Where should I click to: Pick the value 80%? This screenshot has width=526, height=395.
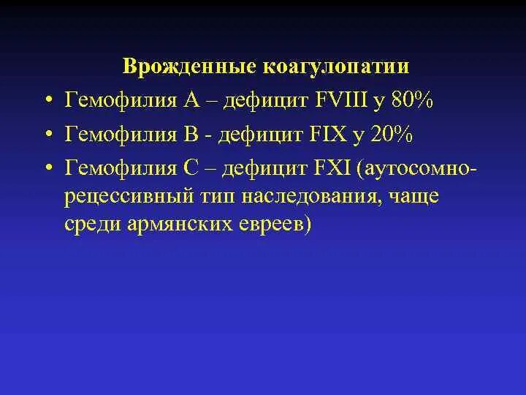click(413, 100)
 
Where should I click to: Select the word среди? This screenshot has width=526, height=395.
click(94, 224)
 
